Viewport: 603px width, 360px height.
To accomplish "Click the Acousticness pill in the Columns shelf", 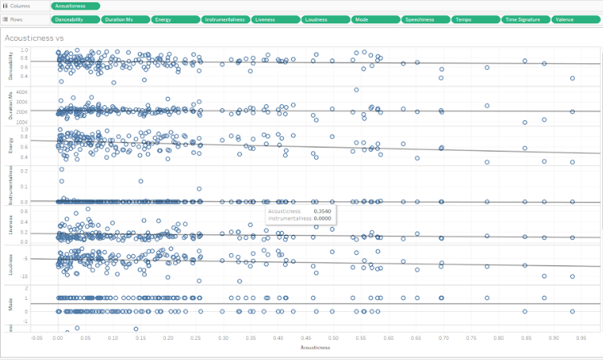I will click(75, 6).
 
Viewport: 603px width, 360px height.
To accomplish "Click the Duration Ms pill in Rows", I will click(125, 19).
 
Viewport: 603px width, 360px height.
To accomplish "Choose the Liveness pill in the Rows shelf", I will click(274, 19).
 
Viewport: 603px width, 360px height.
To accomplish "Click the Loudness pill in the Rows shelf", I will click(325, 19).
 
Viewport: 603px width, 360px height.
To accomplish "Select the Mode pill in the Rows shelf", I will click(374, 19).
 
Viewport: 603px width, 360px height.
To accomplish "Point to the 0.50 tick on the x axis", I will click(333, 338).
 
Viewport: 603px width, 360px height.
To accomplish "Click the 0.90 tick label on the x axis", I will click(553, 338).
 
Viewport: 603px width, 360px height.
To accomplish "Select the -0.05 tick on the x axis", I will click(35, 338).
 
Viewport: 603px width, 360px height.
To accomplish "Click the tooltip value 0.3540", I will click(322, 211).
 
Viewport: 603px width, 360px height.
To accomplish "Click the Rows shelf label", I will click(13, 19).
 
